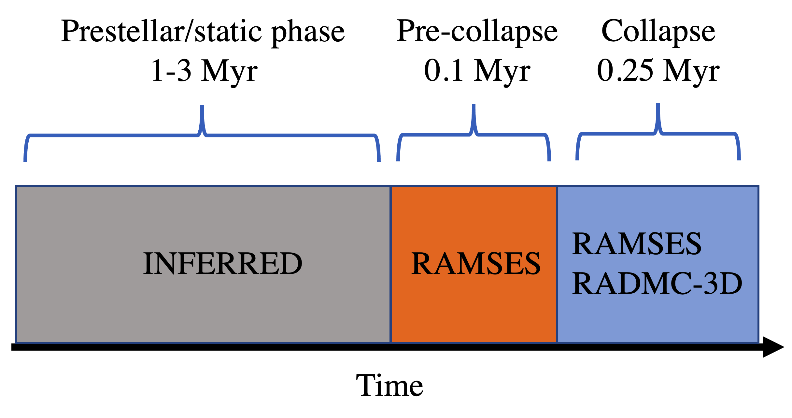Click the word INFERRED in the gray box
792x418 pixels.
pyautogui.click(x=223, y=264)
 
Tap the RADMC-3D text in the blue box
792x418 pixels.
pyautogui.click(x=657, y=284)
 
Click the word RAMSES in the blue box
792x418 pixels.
pyautogui.click(x=637, y=244)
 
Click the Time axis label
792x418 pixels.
pyautogui.click(x=389, y=385)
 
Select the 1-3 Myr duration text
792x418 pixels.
pyautogui.click(x=204, y=71)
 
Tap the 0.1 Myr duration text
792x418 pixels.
pyautogui.click(x=477, y=71)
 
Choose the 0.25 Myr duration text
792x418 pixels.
pyautogui.click(x=658, y=71)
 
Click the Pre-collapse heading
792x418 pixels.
pyautogui.click(x=477, y=31)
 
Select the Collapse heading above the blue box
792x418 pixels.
pyautogui.click(x=658, y=31)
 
